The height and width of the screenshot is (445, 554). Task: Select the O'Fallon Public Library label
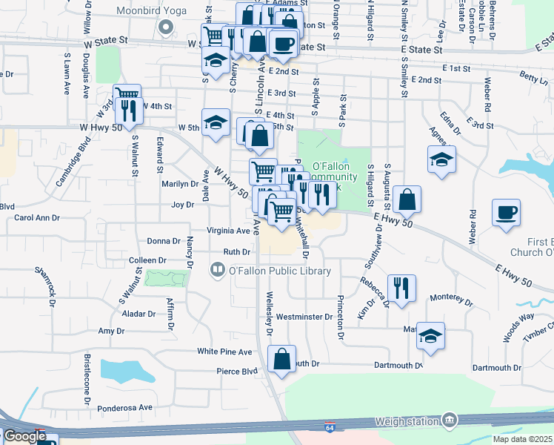pos(279,271)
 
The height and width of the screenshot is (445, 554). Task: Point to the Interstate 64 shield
pos(329,428)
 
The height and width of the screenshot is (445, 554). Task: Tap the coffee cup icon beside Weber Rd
pos(506,212)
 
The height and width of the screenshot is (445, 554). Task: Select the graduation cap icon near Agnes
pos(441,159)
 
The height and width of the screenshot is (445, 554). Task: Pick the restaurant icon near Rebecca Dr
pos(401,288)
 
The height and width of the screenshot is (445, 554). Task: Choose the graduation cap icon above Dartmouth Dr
pos(430,335)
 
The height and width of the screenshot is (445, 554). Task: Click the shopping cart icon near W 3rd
pos(127,95)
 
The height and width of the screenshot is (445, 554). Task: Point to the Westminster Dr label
pos(304,317)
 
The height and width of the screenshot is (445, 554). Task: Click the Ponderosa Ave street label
pos(124,407)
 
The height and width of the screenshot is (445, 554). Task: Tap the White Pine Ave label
pos(224,351)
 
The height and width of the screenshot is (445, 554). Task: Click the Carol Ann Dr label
pos(37,218)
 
